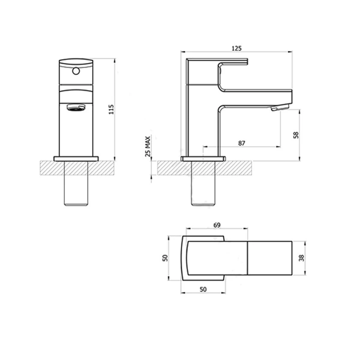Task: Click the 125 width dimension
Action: point(237,48)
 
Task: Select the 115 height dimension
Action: point(111,109)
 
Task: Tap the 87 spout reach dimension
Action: point(242,143)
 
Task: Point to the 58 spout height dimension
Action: point(296,135)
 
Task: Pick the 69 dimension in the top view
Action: point(217,225)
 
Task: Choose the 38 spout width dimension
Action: point(302,258)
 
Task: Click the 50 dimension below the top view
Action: point(203,290)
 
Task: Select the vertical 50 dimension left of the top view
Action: point(165,258)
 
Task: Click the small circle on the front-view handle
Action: point(76,71)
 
